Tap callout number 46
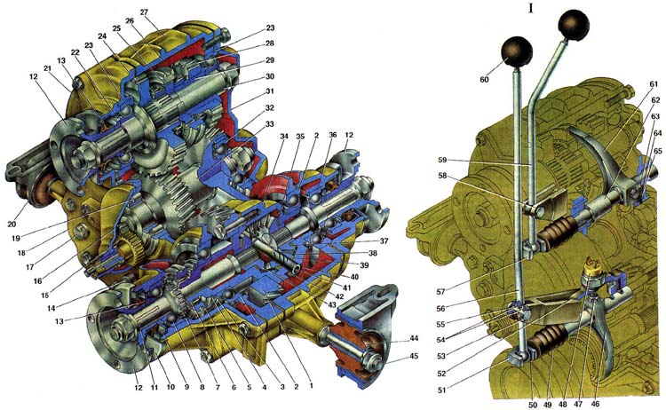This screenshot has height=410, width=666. (596, 404)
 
